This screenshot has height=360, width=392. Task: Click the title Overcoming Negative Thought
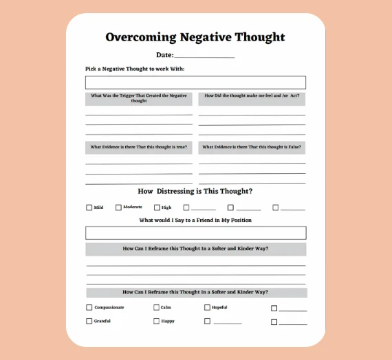point(195,37)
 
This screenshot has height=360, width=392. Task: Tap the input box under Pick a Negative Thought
point(195,82)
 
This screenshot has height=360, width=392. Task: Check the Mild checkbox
point(89,207)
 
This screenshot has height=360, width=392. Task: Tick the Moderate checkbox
point(118,207)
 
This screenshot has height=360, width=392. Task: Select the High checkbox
point(157,207)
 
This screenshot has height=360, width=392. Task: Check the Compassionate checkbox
point(89,308)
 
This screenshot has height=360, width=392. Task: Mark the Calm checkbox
point(156,308)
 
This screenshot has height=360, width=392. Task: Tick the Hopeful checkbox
point(207,308)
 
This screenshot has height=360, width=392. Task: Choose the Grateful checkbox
point(89,321)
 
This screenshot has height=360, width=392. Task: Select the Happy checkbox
point(156,321)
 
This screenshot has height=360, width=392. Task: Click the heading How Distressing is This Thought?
point(195,191)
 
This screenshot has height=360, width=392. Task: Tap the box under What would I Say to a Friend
point(195,232)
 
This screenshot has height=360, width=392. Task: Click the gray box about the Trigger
point(139,98)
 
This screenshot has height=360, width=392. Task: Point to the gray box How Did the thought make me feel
point(252,98)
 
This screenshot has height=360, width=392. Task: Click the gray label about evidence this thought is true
point(139,147)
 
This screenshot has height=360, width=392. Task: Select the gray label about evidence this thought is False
point(252,147)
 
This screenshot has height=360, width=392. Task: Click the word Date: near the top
point(165,55)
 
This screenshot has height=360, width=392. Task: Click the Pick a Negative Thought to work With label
point(135,69)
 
